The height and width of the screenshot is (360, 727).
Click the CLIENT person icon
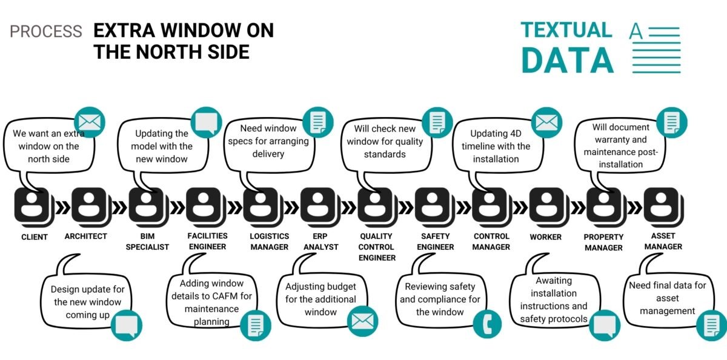coord(34,207)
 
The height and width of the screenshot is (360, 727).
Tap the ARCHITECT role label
coord(85,236)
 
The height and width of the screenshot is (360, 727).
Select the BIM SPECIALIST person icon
coord(148,207)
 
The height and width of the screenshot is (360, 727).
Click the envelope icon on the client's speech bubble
coord(90,122)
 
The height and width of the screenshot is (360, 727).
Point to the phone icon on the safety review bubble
coord(487,324)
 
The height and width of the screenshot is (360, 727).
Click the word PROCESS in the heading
coord(46,32)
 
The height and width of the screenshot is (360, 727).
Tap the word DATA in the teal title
coord(567,61)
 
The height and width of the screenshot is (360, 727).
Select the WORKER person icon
coord(548,207)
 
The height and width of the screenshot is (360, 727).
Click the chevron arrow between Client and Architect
coord(63,208)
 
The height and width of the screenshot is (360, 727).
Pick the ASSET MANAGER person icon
coord(663,207)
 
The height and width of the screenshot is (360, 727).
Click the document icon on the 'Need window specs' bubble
coord(318,122)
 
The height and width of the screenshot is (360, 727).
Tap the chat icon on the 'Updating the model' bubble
coord(207,122)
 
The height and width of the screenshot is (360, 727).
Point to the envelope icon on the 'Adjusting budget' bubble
coord(362,321)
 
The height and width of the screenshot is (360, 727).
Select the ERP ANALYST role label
coord(320,241)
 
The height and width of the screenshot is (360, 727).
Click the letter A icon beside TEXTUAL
coord(636,32)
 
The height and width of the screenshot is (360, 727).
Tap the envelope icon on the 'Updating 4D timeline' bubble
coord(546,122)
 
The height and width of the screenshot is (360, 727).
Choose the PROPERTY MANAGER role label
coord(603,242)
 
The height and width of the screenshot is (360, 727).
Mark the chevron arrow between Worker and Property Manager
coord(578,208)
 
